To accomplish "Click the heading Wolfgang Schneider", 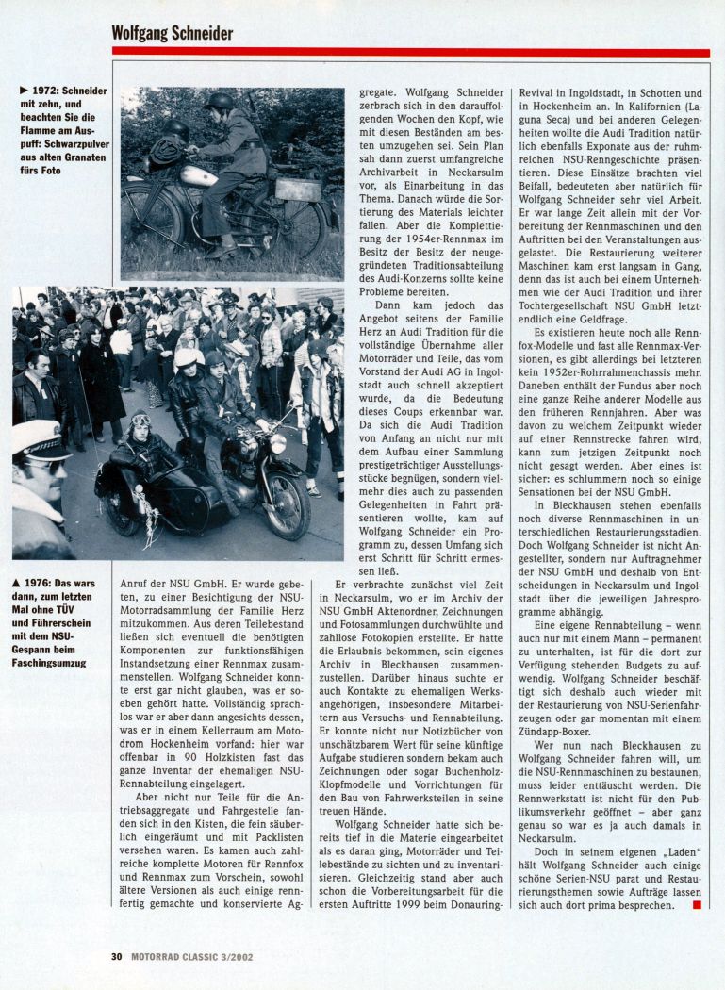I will point(173,33).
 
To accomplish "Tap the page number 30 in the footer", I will point(117,955).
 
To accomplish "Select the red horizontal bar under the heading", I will point(410,53).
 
